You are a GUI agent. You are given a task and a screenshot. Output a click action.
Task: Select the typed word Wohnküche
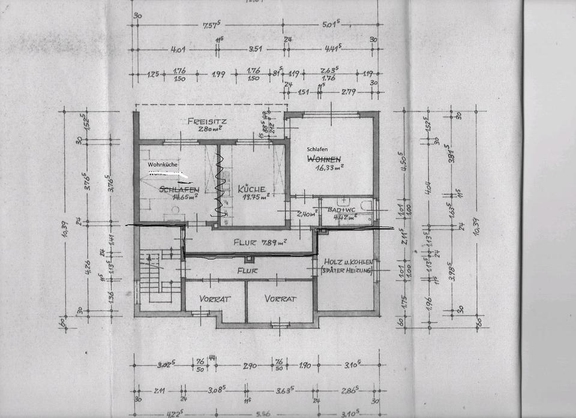[x=163, y=163]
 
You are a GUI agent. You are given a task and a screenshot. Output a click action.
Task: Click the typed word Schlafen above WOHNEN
[x=319, y=149]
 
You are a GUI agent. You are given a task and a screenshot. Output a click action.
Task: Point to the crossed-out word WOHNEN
[x=325, y=159]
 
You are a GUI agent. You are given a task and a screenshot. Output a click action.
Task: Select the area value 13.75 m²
[x=253, y=197]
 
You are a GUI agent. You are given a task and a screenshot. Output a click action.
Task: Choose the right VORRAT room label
[x=281, y=298]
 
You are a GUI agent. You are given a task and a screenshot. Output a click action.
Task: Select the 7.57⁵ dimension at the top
[x=209, y=26]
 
